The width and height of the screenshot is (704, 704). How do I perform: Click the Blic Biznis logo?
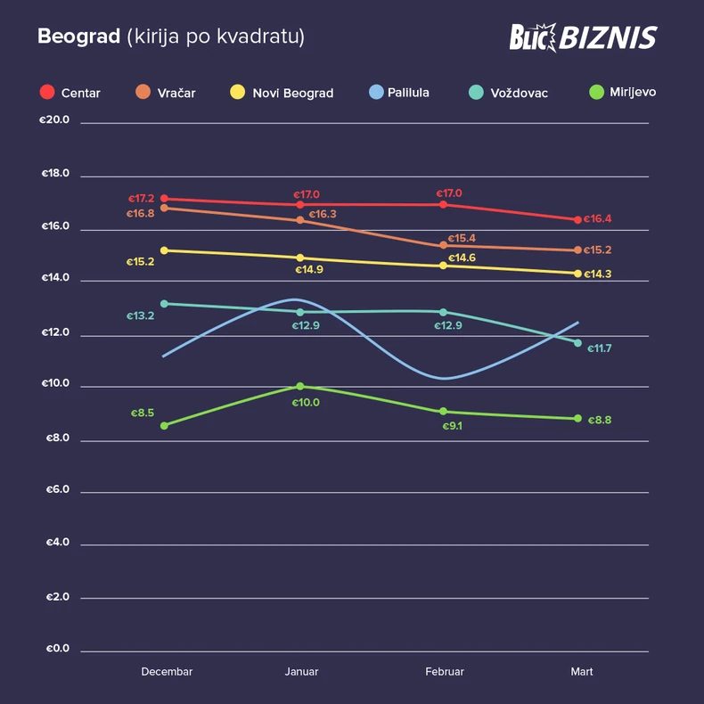(583, 37)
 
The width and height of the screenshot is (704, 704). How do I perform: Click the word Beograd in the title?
(78, 37)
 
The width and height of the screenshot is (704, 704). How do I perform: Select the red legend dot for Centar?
(47, 93)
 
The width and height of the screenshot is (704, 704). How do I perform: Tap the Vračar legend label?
(177, 93)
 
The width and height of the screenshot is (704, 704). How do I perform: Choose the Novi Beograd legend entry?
(292, 93)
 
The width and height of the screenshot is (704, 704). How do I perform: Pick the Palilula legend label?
(408, 93)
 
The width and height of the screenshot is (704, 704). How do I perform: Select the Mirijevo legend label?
(633, 93)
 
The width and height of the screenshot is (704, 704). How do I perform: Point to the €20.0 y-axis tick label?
(55, 120)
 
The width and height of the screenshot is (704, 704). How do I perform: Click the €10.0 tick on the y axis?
(55, 385)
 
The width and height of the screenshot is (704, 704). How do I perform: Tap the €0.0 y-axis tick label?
(57, 649)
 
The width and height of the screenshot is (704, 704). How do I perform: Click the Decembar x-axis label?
(167, 672)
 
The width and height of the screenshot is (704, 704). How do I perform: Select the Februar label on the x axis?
(444, 672)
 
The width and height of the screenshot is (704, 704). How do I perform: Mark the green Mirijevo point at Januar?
(300, 387)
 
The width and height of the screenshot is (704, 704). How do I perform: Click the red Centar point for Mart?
(577, 220)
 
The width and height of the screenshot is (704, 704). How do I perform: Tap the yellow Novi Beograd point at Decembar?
(164, 250)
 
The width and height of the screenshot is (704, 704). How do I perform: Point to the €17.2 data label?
(141, 199)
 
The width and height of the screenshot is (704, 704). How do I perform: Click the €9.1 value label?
(453, 426)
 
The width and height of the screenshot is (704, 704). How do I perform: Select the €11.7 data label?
(599, 348)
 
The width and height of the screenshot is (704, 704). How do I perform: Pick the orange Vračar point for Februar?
(444, 246)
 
